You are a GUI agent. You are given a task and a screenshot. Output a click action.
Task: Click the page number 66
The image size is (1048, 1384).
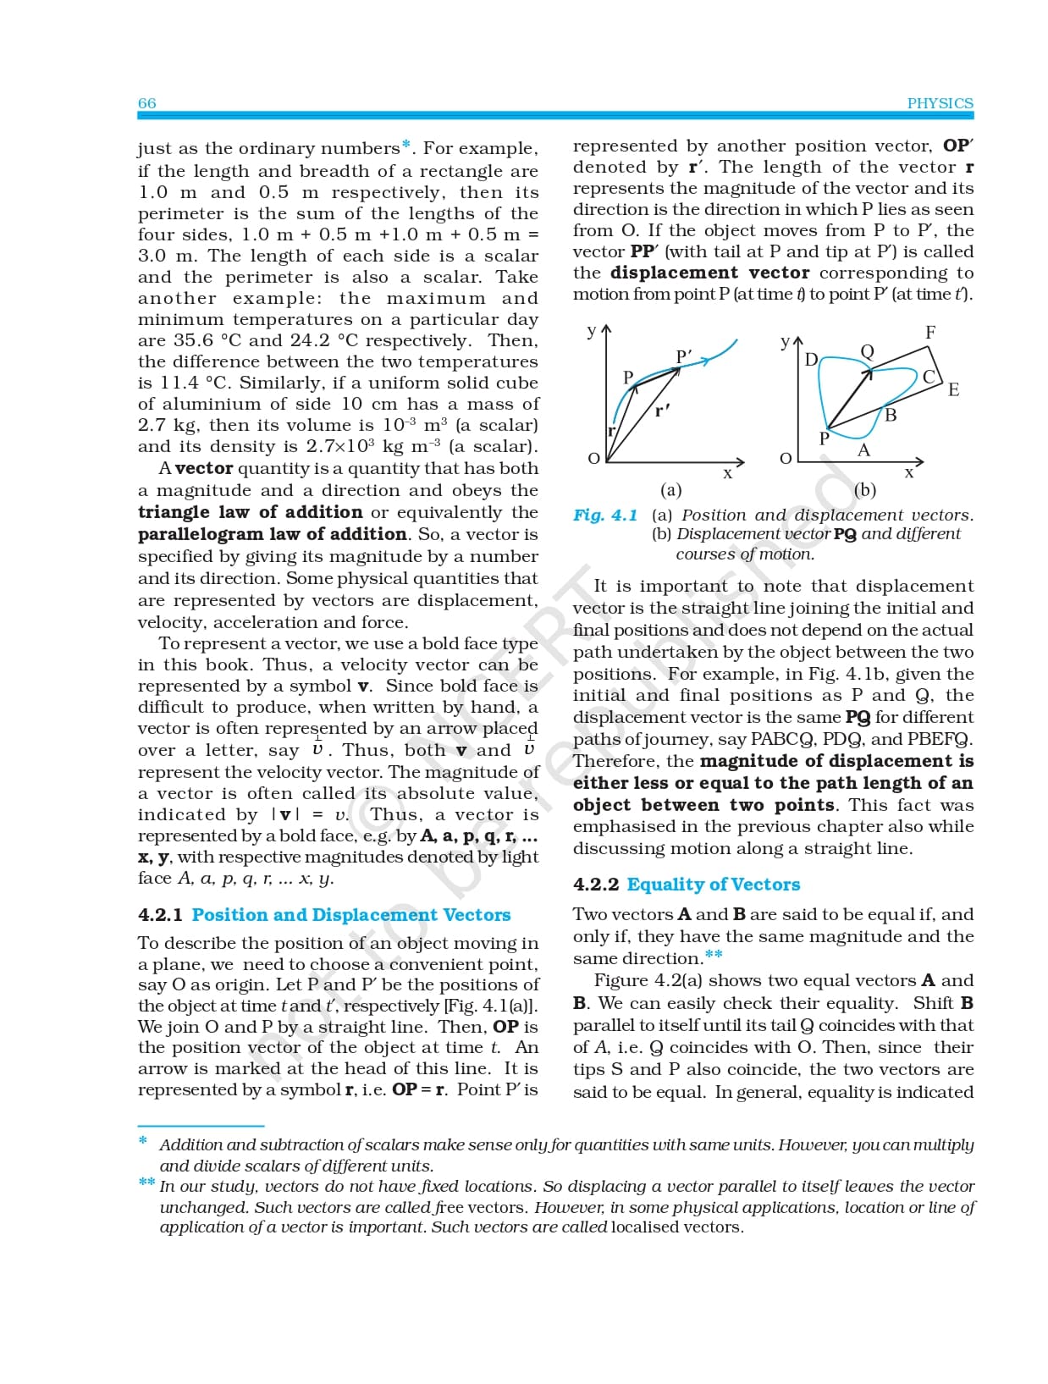coord(146,103)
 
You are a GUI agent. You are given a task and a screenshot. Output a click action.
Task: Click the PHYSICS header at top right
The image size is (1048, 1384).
coord(940,103)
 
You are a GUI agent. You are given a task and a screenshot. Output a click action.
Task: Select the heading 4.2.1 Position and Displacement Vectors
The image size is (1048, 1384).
coord(324,915)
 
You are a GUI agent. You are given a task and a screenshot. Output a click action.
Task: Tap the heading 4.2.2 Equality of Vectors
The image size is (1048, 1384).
coord(687,885)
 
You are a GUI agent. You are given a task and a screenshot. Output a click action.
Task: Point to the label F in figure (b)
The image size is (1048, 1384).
coord(930,333)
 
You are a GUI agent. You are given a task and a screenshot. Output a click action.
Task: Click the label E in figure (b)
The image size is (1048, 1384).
coord(953,390)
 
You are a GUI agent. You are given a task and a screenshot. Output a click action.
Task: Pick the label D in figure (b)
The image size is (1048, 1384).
coord(810,360)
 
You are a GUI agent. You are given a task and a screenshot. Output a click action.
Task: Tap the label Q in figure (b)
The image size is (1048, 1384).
coord(867,351)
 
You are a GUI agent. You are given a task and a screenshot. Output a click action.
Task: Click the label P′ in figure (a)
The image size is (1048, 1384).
coord(684,357)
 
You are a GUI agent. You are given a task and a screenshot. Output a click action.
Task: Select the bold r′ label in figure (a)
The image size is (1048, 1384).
coord(662,411)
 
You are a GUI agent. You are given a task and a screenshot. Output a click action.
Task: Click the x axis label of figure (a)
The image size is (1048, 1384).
coord(727,474)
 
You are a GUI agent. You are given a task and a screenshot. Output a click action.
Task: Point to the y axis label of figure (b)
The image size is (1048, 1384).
coord(784,341)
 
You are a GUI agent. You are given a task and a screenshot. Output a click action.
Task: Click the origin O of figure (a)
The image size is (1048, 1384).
coord(593,458)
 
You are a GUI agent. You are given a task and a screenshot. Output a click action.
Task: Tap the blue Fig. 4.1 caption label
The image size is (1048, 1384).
coord(604,516)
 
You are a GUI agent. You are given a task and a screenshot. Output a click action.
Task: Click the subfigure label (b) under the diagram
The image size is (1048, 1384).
coord(865,490)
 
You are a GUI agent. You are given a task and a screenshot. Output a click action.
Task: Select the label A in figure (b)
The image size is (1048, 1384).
coord(863,450)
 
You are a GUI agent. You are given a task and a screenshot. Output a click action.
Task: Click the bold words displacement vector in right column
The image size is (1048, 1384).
coord(709,273)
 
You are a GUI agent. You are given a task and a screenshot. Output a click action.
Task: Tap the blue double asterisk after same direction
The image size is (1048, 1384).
coord(714,956)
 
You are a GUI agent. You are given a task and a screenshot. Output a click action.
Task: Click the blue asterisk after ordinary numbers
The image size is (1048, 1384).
coord(406,146)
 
